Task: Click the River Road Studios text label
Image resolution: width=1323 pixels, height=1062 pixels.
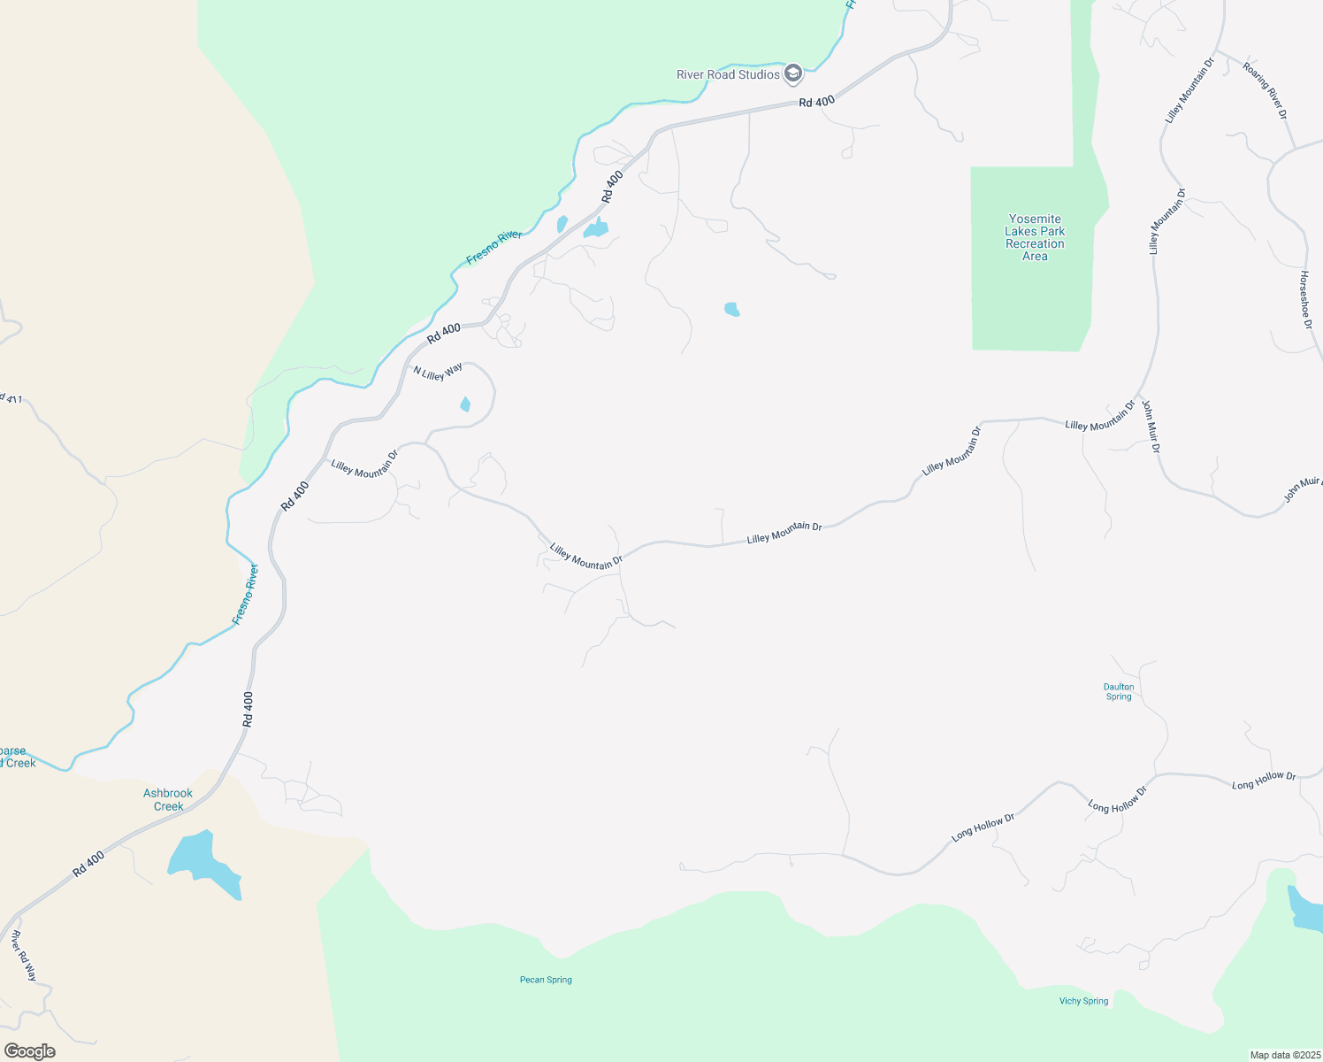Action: pyautogui.click(x=728, y=74)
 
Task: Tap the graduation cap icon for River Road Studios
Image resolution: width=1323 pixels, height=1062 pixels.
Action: pyautogui.click(x=793, y=73)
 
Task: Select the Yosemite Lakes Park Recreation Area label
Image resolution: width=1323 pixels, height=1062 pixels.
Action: pyautogui.click(x=1035, y=237)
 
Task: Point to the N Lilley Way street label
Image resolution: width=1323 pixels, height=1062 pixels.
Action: pyautogui.click(x=438, y=372)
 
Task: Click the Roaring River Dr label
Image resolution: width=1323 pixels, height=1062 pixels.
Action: pyautogui.click(x=1265, y=90)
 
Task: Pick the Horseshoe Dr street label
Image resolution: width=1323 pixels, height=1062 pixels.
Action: pyautogui.click(x=1305, y=300)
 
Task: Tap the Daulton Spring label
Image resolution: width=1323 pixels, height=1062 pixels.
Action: pyautogui.click(x=1119, y=691)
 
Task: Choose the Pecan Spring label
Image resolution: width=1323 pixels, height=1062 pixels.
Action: pyautogui.click(x=546, y=980)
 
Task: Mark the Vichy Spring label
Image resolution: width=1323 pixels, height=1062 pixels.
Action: pyautogui.click(x=1083, y=1001)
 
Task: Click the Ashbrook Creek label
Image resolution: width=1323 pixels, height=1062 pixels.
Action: pyautogui.click(x=168, y=799)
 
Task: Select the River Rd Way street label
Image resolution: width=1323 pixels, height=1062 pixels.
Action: pyautogui.click(x=24, y=956)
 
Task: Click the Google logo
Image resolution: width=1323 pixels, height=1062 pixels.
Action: pyautogui.click(x=30, y=1051)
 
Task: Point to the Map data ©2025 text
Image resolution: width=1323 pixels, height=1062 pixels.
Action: pyautogui.click(x=1284, y=1055)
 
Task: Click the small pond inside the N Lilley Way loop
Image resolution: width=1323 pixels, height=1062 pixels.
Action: pyautogui.click(x=465, y=404)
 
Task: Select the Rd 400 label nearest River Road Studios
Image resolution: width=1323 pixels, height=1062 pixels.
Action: pyautogui.click(x=816, y=102)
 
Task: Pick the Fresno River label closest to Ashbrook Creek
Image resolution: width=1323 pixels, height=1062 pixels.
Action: pyautogui.click(x=245, y=594)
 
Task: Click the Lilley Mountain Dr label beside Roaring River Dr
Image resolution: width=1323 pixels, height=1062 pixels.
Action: pyautogui.click(x=1187, y=88)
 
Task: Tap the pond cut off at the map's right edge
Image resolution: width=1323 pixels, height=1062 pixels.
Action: pyautogui.click(x=1305, y=911)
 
